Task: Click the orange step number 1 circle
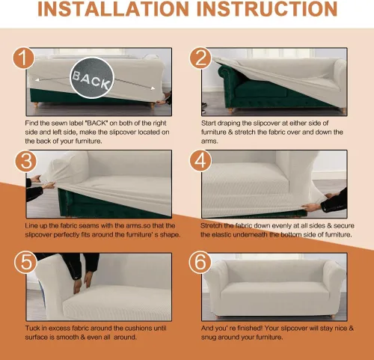24,58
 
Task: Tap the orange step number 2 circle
201,58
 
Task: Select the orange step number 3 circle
26,161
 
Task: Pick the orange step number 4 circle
200,161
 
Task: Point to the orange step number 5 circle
25,262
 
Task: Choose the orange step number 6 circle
200,262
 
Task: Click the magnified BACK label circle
92,78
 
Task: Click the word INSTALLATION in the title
113,9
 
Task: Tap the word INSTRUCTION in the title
267,9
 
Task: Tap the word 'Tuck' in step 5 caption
32,328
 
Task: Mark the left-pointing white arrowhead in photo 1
37,80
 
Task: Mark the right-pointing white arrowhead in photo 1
153,88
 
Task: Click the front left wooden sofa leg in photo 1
36,105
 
